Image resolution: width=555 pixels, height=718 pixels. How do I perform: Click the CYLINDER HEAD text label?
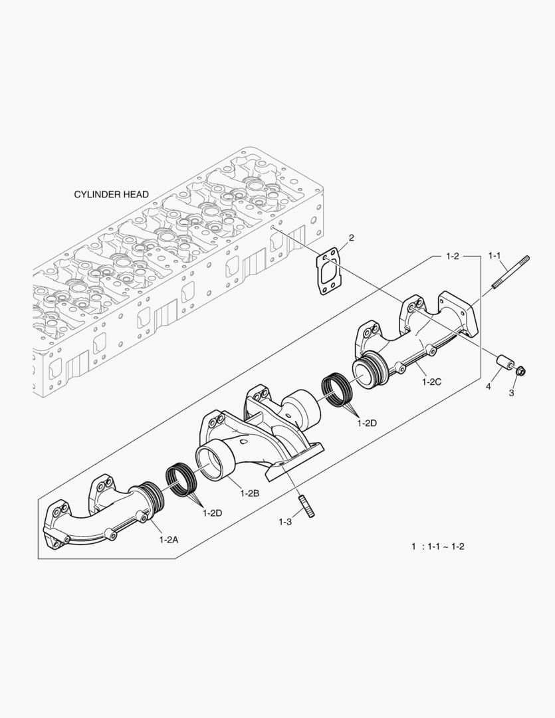pos(111,195)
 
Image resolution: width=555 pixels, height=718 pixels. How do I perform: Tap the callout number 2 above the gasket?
pos(352,237)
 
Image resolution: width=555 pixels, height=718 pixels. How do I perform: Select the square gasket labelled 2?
pos(330,271)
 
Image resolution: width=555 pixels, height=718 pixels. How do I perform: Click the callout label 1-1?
pos(497,255)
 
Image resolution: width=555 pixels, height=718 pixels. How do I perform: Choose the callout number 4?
pos(488,386)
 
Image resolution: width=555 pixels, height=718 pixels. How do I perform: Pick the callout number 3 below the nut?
pos(511,394)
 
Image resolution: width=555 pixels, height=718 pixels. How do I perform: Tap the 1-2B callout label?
pos(249,493)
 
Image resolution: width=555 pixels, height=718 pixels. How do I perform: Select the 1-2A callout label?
pos(168,540)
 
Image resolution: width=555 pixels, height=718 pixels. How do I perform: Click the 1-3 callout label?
pos(285,522)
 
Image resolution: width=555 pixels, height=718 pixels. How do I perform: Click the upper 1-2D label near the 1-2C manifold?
pos(366,422)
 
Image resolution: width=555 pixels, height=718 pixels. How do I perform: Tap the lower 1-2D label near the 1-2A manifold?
pos(213,513)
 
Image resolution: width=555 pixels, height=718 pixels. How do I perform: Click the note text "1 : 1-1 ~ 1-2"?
pos(438,546)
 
